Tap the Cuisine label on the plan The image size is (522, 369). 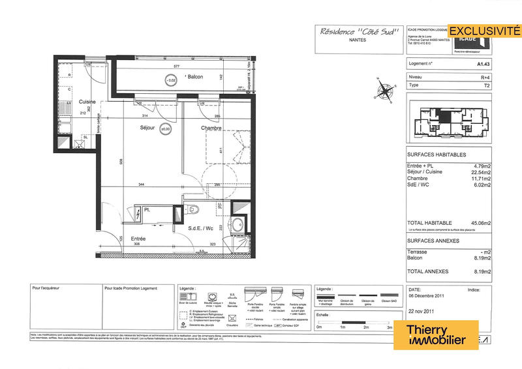tap(88, 102)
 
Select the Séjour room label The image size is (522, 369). tap(147, 128)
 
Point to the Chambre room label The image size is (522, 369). tap(211, 128)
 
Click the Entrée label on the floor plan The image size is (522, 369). tap(137, 239)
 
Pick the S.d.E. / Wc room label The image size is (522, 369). tap(201, 228)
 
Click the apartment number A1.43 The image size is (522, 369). tap(484, 65)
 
